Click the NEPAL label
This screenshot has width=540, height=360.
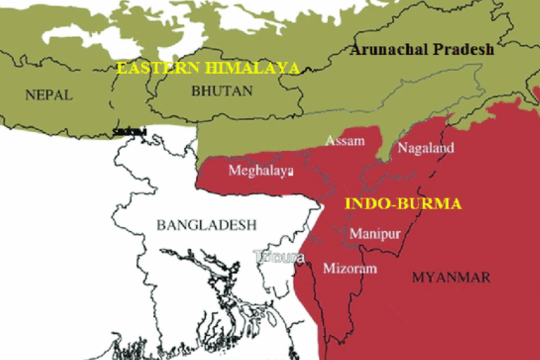tap(49, 95)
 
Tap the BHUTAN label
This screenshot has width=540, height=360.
tap(221, 91)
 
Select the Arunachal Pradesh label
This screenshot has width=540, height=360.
tap(422, 50)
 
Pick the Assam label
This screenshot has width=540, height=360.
tap(345, 141)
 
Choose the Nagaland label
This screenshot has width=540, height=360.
tap(425, 148)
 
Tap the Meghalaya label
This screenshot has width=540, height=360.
tap(261, 171)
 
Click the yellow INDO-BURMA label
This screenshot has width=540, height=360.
tap(403, 204)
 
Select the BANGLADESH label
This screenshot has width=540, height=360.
tap(206, 225)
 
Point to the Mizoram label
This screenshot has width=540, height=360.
tap(350, 268)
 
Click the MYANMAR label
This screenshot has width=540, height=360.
tap(451, 277)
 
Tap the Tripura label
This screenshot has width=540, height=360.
tap(279, 257)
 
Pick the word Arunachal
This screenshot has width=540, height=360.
tap(391, 50)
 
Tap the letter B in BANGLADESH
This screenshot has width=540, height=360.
tap(160, 225)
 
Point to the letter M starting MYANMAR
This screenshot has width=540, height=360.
tap(418, 277)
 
